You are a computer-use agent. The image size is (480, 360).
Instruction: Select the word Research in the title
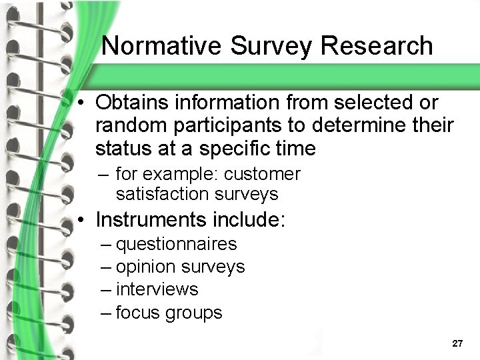click(x=377, y=46)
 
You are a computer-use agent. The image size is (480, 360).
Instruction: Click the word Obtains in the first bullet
click(x=131, y=103)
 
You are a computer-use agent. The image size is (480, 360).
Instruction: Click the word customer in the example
click(x=263, y=174)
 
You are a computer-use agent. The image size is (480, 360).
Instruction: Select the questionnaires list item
click(x=176, y=245)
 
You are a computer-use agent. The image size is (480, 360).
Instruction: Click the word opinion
click(x=146, y=267)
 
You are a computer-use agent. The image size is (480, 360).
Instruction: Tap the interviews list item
click(x=157, y=289)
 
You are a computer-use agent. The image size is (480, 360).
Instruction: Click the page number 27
click(x=457, y=344)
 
